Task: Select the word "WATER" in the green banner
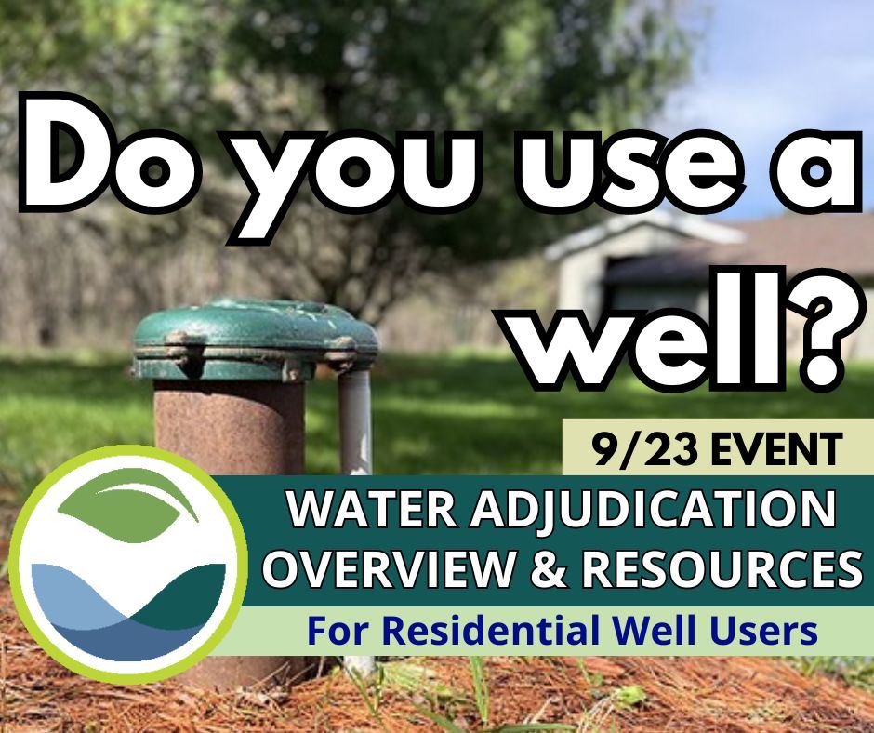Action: (x=353, y=512)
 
